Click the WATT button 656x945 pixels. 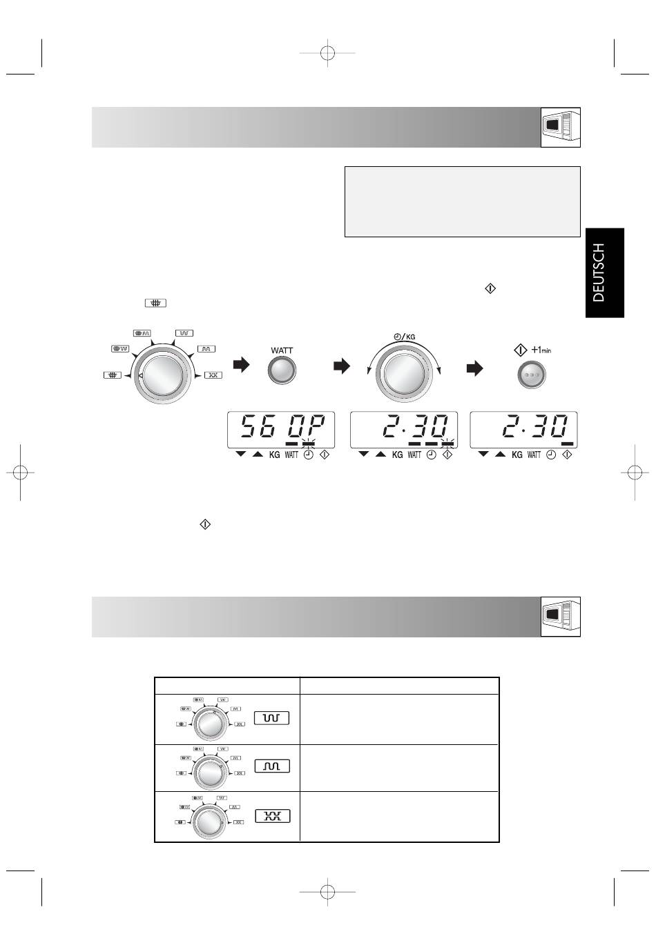[282, 370]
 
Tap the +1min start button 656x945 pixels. [532, 375]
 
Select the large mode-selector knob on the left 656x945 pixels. [163, 375]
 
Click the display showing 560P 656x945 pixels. [281, 430]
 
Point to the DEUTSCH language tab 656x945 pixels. [604, 272]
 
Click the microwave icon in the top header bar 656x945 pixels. [561, 128]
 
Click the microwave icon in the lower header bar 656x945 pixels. [561, 617]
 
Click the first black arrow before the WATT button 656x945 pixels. [241, 365]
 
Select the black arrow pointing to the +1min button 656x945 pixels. [475, 368]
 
